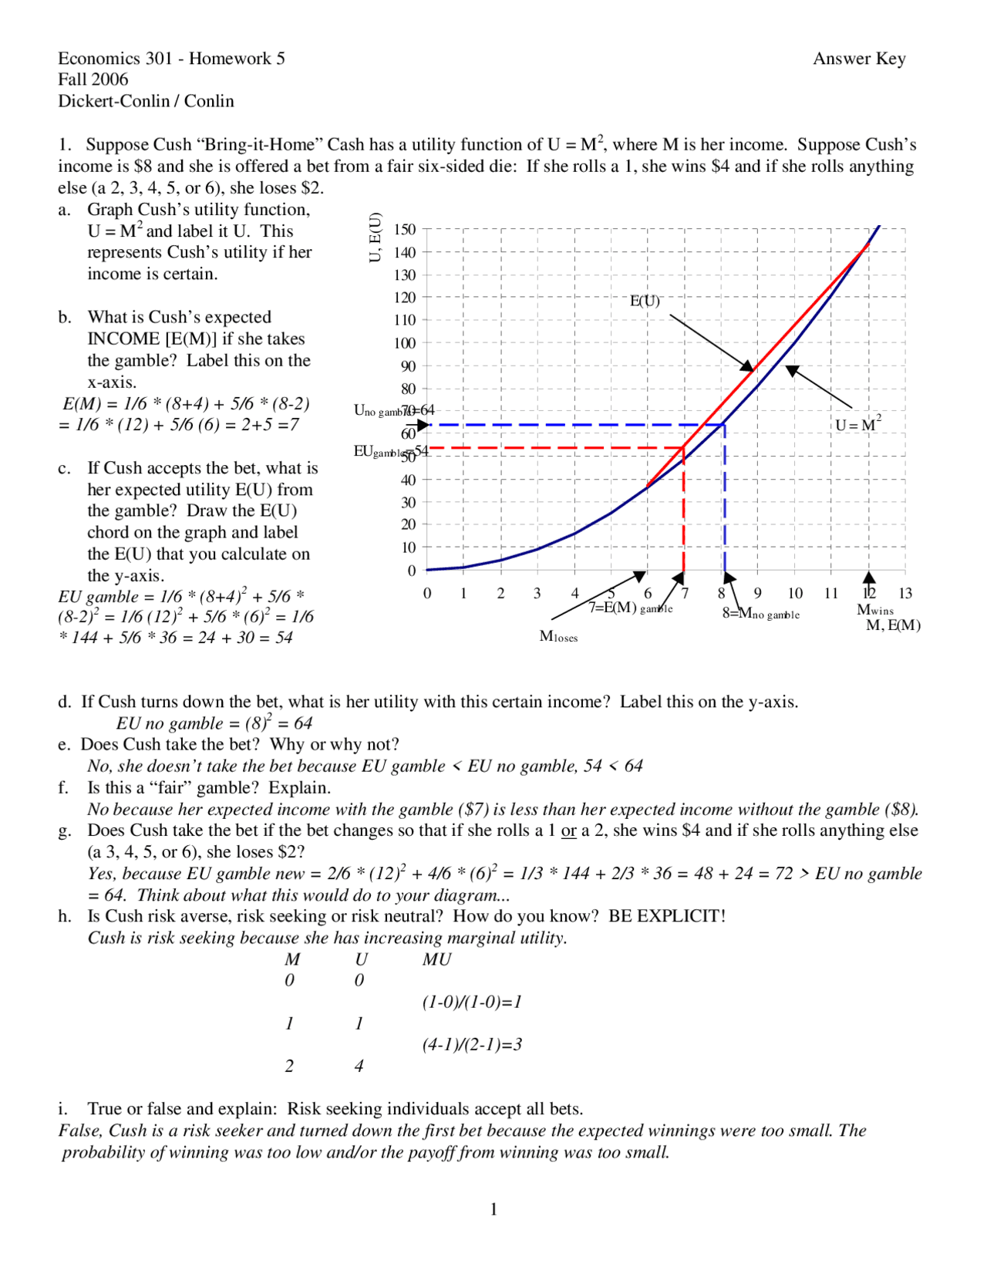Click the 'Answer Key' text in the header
859,59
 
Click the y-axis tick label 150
404,229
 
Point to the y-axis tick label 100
404,343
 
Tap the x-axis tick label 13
904,593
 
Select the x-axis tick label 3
537,593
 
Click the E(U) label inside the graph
645,301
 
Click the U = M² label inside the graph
857,424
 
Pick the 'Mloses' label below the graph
558,636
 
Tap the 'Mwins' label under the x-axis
875,610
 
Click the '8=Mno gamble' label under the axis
760,614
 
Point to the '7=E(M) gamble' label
631,608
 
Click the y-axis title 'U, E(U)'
376,238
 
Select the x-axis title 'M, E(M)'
893,625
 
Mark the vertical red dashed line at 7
684,517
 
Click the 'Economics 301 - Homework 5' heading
171,59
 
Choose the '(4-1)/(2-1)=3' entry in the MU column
472,1045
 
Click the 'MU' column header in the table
436,959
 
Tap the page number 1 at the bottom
493,1209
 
